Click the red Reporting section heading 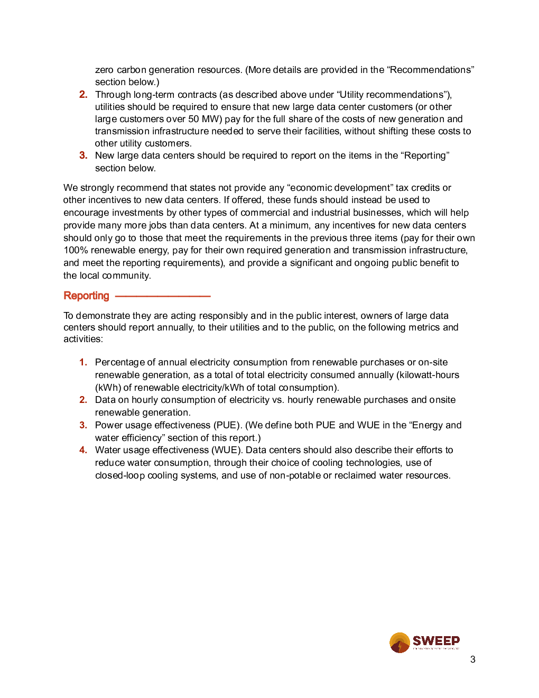tap(86, 296)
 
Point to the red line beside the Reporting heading tap(163, 296)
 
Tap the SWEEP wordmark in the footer tap(436, 641)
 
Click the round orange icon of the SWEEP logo tap(399, 642)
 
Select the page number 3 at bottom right tap(472, 659)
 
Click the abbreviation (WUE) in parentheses tap(227, 450)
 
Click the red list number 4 tap(83, 450)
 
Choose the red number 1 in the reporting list tap(83, 362)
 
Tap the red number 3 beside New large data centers tap(83, 155)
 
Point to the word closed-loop tap(120, 475)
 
